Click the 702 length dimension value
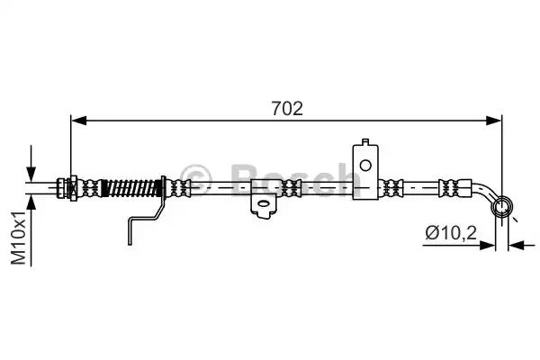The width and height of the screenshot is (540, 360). point(287,108)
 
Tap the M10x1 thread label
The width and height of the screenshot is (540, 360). point(19,238)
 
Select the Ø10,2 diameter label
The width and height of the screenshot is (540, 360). point(451,233)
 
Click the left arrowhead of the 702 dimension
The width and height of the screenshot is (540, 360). point(78,121)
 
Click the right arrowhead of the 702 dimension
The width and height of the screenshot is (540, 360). point(494,121)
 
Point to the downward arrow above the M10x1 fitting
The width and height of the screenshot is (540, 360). point(31,163)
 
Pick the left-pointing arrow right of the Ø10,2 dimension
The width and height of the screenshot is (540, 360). point(521,246)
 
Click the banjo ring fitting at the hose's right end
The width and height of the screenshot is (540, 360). point(502,207)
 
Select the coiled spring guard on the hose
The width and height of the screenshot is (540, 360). point(132,188)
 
